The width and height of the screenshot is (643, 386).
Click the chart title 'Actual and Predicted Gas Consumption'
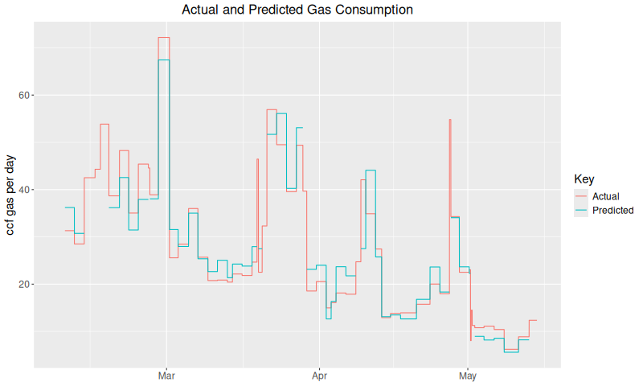click(297, 10)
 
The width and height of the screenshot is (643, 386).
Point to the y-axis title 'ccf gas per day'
click(11, 194)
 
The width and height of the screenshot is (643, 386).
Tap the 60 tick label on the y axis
click(24, 95)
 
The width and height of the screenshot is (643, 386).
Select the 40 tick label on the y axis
click(24, 190)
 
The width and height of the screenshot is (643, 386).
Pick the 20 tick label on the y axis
click(24, 285)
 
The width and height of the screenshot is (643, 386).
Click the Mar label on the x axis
click(167, 376)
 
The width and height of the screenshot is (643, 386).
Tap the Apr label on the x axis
click(319, 376)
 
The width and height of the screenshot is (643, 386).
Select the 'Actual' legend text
click(605, 196)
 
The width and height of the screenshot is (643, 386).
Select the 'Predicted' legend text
click(612, 210)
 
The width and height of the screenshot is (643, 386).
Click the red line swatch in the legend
click(580, 196)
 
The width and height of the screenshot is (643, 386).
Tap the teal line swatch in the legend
click(580, 210)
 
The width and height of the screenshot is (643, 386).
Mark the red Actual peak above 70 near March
click(164, 38)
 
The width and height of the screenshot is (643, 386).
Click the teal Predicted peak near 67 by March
click(164, 60)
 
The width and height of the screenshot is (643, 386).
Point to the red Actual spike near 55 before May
click(450, 120)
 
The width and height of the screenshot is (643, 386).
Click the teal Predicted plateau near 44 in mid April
click(371, 170)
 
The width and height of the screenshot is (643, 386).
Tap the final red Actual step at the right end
click(532, 320)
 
